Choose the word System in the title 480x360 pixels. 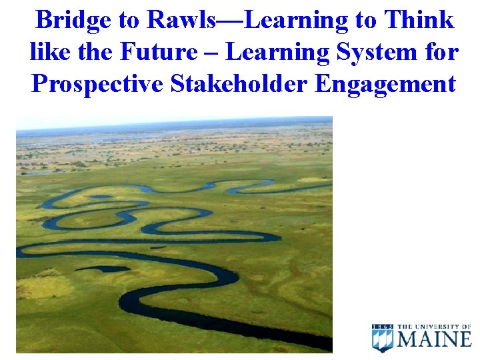(374, 52)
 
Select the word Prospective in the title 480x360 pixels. (96, 84)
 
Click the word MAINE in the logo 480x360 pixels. (434, 339)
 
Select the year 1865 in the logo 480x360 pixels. (383, 326)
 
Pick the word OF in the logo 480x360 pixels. (465, 326)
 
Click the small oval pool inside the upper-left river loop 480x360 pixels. (100, 197)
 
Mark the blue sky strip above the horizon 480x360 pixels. (173, 123)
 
